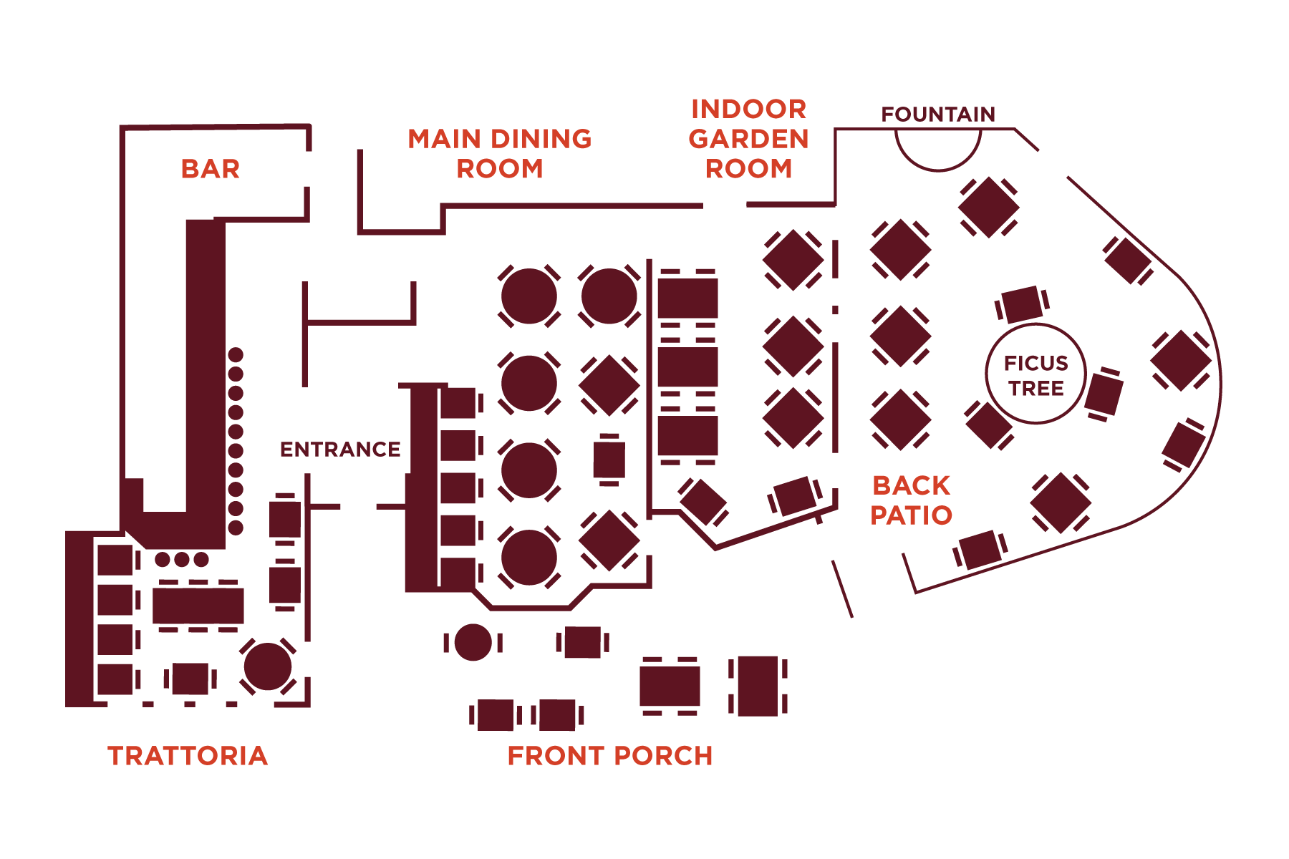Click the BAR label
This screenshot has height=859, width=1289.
(210, 169)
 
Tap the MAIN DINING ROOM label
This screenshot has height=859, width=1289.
(500, 154)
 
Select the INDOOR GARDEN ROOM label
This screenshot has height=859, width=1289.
(748, 139)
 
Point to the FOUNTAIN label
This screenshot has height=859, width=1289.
(938, 115)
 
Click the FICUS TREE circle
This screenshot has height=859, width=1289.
(1035, 374)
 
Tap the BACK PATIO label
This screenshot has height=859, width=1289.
(911, 500)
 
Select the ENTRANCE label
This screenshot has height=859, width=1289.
(339, 450)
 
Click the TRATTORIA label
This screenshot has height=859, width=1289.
(188, 756)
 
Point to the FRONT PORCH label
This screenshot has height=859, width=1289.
(609, 756)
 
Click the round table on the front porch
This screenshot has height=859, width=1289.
(473, 642)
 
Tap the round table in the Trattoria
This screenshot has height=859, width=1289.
(268, 666)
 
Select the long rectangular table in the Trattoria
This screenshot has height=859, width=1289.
(198, 606)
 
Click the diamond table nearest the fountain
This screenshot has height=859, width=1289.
(988, 207)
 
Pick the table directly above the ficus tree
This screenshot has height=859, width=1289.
(1022, 304)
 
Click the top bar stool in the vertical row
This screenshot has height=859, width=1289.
(236, 355)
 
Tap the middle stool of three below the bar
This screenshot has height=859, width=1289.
(182, 559)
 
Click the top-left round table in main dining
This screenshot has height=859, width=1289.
(529, 296)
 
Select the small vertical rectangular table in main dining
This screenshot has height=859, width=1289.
(609, 460)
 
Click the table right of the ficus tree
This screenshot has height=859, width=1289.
(1104, 394)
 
